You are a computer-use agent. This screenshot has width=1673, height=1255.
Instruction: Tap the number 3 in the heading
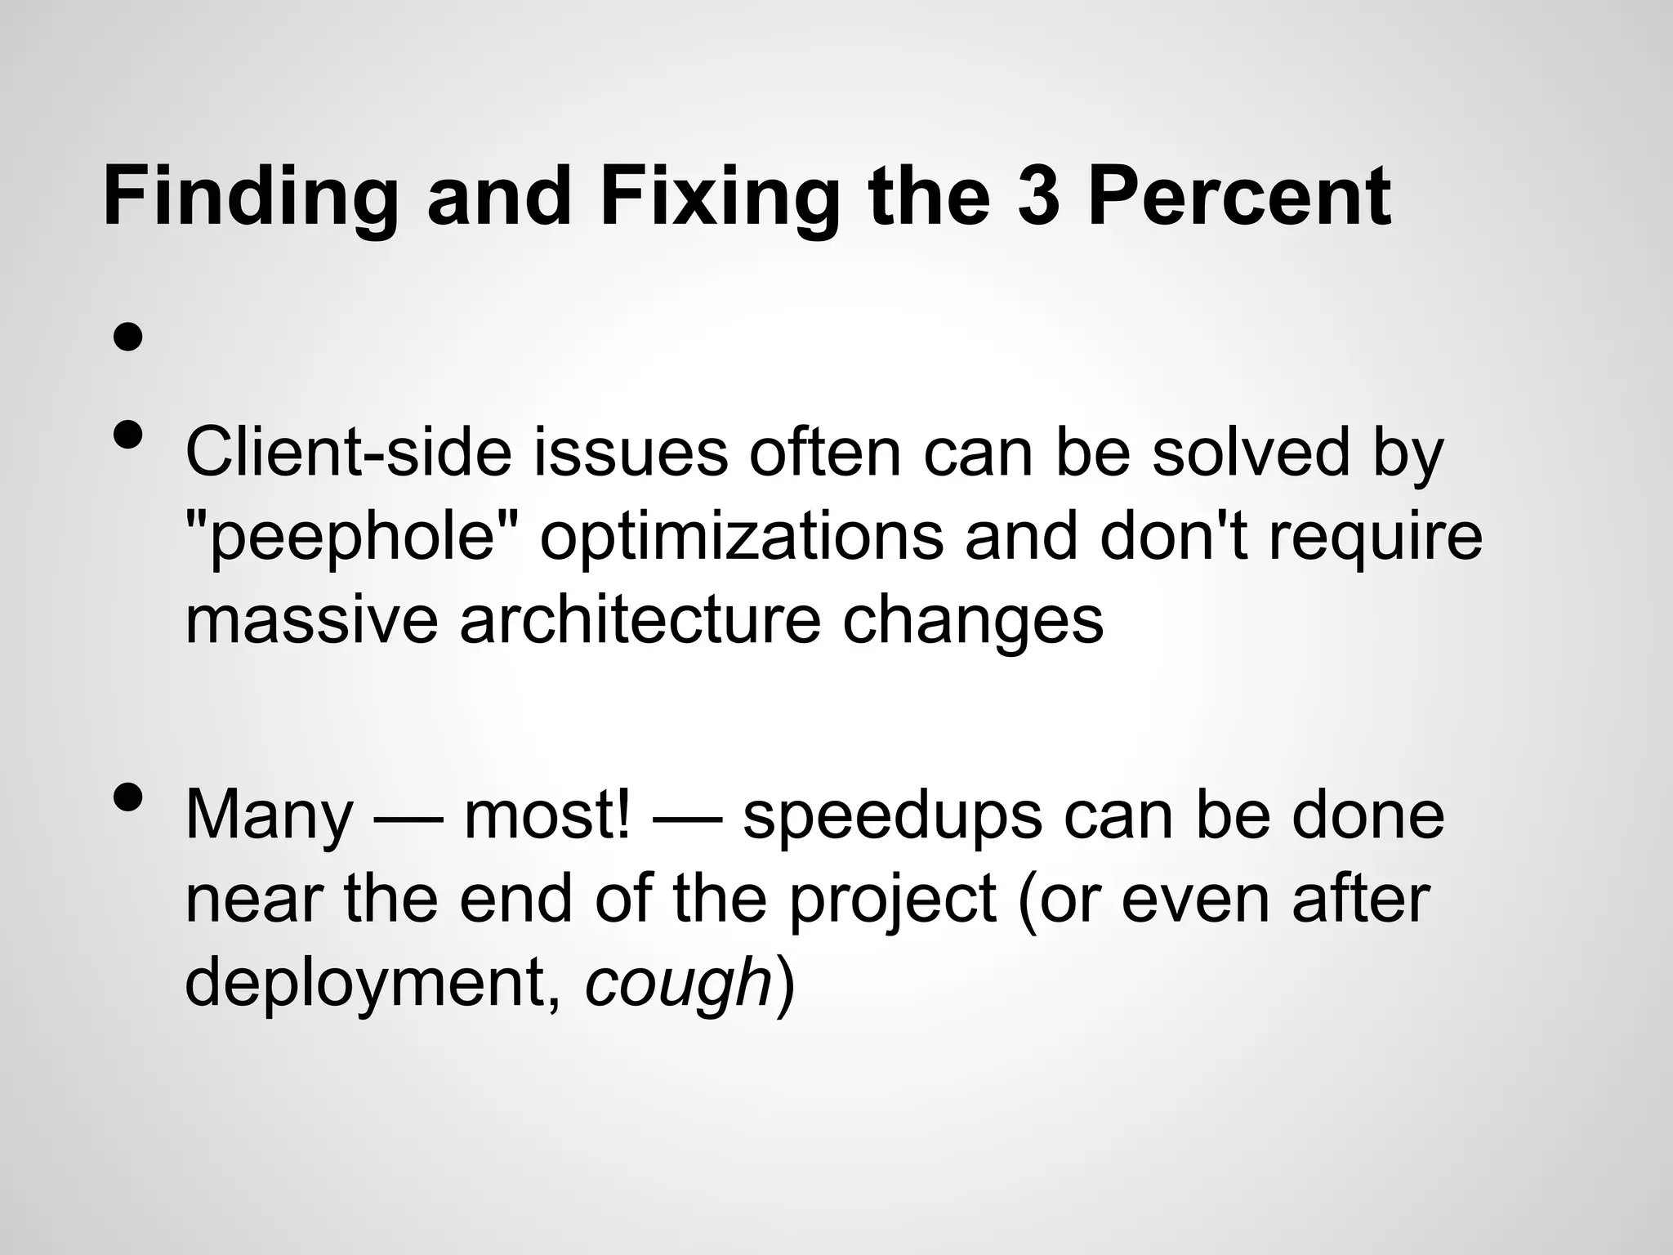[1037, 196]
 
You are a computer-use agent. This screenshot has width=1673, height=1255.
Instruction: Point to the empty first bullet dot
[128, 336]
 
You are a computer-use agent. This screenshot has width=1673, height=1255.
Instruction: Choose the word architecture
[640, 620]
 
